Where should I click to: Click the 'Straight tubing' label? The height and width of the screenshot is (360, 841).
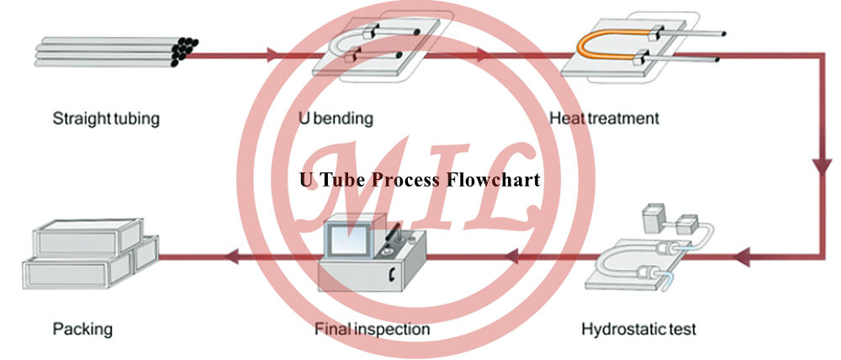pyautogui.click(x=106, y=119)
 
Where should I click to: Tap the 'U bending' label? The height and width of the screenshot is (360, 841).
pyautogui.click(x=336, y=119)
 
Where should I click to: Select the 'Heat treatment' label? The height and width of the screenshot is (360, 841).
pyautogui.click(x=604, y=119)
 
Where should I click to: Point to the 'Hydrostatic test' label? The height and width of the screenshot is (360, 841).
pyautogui.click(x=638, y=327)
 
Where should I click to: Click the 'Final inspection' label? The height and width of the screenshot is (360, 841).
pyautogui.click(x=372, y=327)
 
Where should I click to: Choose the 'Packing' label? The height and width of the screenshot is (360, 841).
pyautogui.click(x=82, y=327)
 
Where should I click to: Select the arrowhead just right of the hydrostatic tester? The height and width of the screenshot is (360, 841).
pyautogui.click(x=743, y=257)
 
